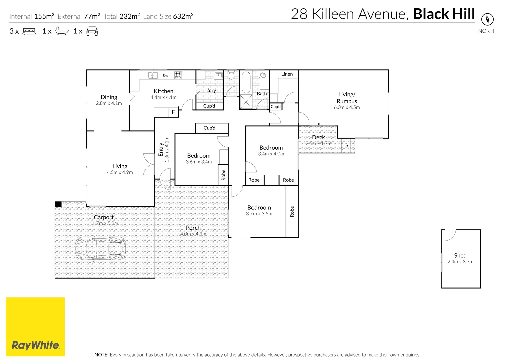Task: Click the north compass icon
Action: coord(487,19)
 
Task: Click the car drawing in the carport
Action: coord(100,248)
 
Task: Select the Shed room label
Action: coord(460,255)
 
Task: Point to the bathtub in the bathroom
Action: coord(246,82)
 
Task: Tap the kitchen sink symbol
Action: coord(153,75)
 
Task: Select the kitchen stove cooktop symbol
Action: coord(178,75)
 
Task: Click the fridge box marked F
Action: coord(173,112)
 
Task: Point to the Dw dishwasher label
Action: coord(166,75)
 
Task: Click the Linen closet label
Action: coord(287,74)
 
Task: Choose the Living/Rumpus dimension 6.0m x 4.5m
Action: coord(347,107)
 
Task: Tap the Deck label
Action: coord(318,137)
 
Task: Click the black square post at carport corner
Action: coord(58,204)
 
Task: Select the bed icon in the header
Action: coord(29,31)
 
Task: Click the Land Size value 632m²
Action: coord(183,16)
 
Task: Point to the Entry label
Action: coord(161,150)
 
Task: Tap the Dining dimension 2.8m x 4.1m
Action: coord(109,103)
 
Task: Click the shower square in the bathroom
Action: coord(246,102)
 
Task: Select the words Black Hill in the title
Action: coord(444,14)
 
